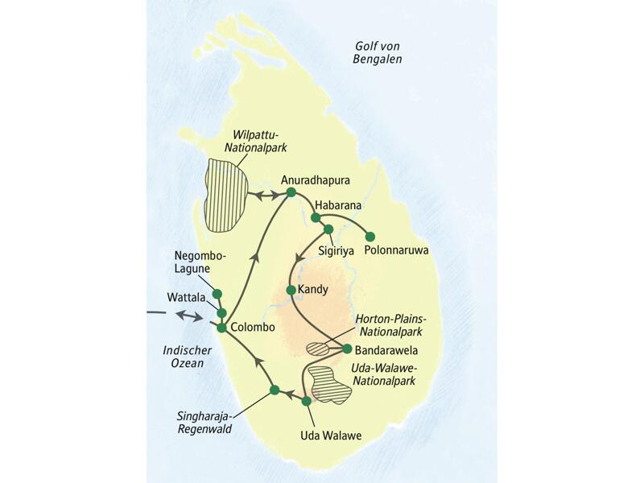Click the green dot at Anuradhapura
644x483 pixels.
click(x=291, y=192)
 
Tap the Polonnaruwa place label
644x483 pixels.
click(x=395, y=251)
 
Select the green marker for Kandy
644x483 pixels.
click(x=291, y=289)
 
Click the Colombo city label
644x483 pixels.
click(x=253, y=328)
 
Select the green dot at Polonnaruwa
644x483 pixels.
click(x=370, y=237)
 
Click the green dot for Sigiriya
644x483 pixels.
click(x=328, y=229)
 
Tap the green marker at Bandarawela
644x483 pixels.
click(x=347, y=349)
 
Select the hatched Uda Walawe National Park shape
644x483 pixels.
click(x=331, y=384)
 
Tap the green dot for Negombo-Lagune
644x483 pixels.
click(x=216, y=294)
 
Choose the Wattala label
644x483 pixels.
click(x=185, y=297)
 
